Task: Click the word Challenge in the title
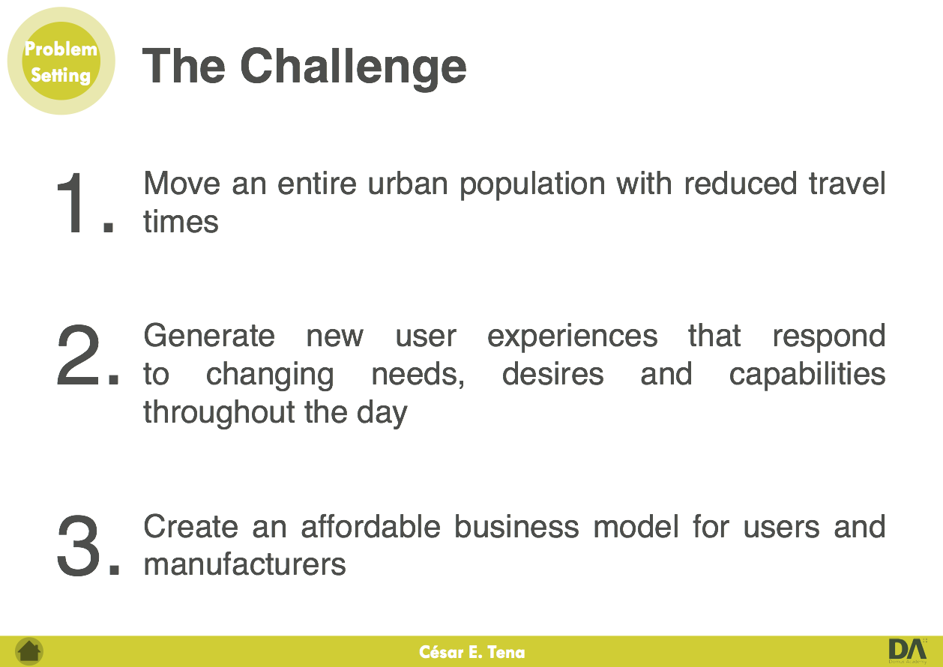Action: coord(353,68)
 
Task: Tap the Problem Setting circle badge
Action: coord(61,61)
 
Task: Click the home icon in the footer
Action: coord(29,651)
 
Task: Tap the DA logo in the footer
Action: coord(908,651)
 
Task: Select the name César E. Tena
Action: coord(472,652)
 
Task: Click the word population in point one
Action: coord(532,184)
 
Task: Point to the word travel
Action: coord(848,183)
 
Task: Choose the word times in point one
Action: coord(181,221)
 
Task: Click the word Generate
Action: coord(209,336)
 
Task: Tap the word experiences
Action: coord(573,336)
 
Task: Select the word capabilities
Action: coord(807,374)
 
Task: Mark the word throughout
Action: coord(219,412)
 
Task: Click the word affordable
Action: coord(371,526)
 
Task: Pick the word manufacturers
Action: coord(244,565)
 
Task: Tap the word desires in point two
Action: coord(553,374)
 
